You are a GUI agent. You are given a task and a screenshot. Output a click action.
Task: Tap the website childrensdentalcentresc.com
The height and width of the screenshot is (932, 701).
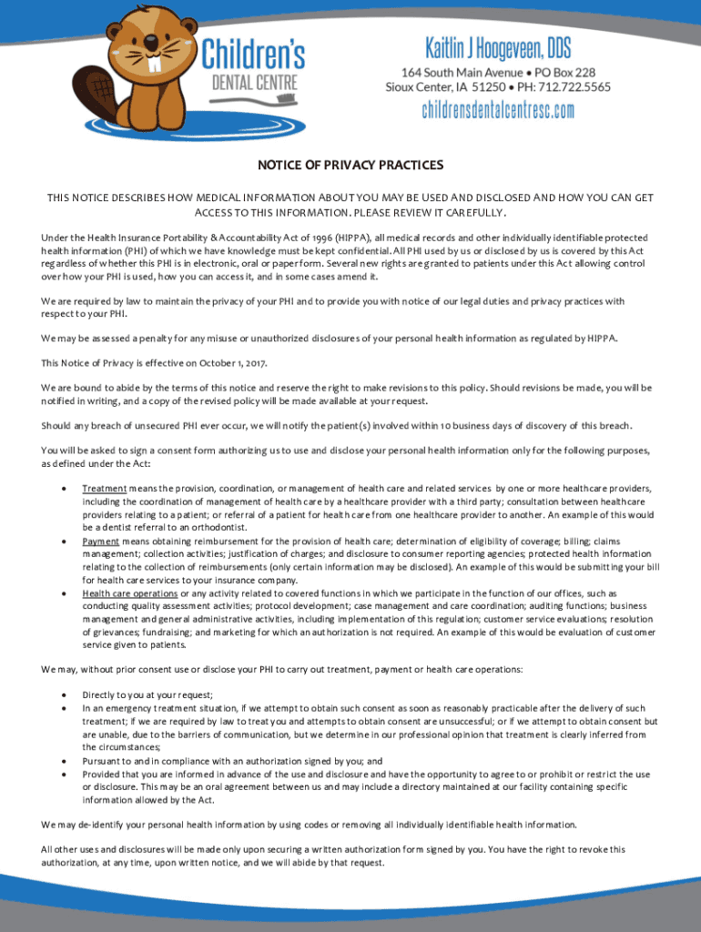(x=498, y=110)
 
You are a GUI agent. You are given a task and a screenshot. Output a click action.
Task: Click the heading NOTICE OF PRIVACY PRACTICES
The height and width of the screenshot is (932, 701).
(x=350, y=165)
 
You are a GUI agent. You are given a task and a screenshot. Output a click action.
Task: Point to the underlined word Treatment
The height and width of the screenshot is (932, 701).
(x=104, y=489)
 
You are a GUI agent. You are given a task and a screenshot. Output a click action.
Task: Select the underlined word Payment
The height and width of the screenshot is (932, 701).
(x=100, y=541)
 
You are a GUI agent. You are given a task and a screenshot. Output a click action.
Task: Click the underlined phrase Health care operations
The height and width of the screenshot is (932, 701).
(x=127, y=593)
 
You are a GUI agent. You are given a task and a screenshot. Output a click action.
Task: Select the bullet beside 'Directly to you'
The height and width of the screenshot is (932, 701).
(x=63, y=695)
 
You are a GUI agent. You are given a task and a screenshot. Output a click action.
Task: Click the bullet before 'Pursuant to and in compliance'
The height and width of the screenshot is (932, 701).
(x=63, y=761)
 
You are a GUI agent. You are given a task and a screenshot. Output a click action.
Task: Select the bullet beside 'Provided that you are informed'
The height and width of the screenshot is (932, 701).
(x=63, y=774)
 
